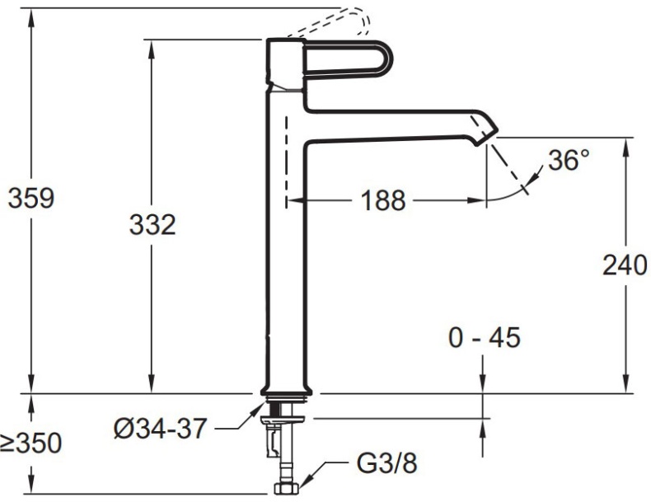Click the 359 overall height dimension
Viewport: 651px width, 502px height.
pyautogui.click(x=31, y=199)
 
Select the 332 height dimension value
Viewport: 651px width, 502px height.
pyautogui.click(x=152, y=223)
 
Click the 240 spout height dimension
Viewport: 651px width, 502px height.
pyautogui.click(x=625, y=265)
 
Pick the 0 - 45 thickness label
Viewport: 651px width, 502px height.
pyautogui.click(x=484, y=337)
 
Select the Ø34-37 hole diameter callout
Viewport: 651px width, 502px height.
pyautogui.click(x=161, y=429)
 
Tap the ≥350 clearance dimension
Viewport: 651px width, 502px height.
pyautogui.click(x=31, y=443)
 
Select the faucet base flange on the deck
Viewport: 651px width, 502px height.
pyautogui.click(x=285, y=390)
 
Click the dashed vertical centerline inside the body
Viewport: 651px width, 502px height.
pyautogui.click(x=286, y=161)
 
